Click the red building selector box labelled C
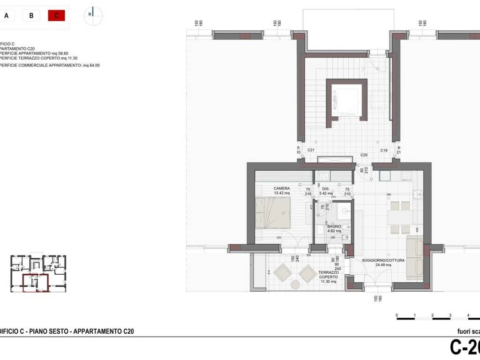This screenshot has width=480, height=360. point(56,15)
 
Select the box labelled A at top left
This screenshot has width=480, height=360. point(7,15)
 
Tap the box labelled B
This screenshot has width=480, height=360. point(31,15)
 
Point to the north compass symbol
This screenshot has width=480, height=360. point(93,15)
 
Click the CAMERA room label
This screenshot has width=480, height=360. point(282,188)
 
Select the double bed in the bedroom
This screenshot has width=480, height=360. point(273,212)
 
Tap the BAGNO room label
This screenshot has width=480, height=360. point(334,226)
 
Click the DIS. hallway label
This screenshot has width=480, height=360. point(326,188)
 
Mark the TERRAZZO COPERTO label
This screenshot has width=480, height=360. point(329,275)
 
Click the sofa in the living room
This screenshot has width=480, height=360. point(414,258)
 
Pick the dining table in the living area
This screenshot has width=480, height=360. point(400,217)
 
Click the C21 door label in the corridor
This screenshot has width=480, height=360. point(310,150)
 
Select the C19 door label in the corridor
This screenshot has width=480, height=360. point(383,150)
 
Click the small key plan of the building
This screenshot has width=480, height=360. point(38,274)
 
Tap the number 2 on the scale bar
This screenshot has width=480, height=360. point(432,315)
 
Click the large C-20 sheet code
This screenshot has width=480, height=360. point(464,348)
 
